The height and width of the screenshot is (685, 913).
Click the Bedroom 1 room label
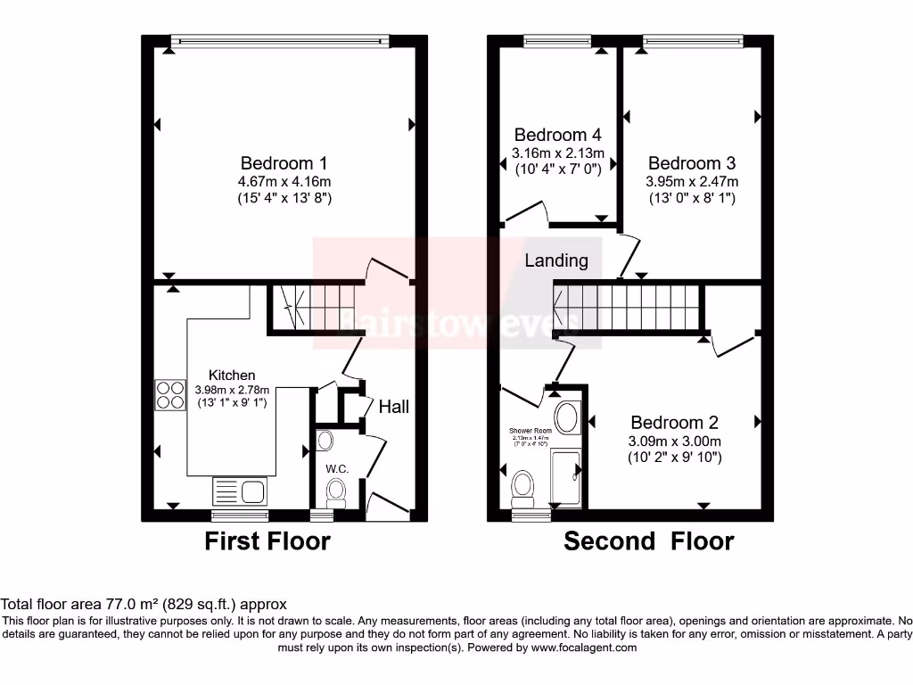point(284,163)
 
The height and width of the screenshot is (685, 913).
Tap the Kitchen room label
point(232,376)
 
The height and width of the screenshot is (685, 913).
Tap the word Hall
point(394,407)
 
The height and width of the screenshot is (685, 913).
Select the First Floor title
point(267,541)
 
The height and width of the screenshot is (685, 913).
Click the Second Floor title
point(648,541)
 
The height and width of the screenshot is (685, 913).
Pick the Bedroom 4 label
point(557,136)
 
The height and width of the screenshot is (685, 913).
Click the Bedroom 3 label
point(691,163)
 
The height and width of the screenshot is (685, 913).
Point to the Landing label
point(556,260)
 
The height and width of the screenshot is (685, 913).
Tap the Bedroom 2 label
point(675,423)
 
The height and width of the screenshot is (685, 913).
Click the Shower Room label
point(531,430)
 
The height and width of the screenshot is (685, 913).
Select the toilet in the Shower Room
point(523,489)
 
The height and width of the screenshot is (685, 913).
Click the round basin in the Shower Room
point(566,417)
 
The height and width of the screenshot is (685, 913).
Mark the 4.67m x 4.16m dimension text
point(284,181)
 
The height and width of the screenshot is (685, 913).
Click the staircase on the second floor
point(629,309)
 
